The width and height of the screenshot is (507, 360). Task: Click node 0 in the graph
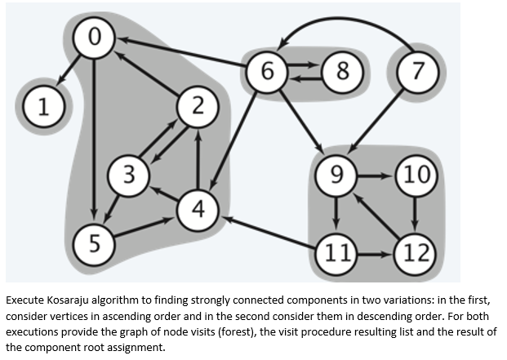click(95, 36)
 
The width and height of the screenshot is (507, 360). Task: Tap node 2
click(197, 106)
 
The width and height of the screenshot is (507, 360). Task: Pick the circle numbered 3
click(127, 173)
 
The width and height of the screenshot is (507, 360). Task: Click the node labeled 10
click(416, 174)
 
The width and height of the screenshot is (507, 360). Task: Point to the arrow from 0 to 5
click(95, 139)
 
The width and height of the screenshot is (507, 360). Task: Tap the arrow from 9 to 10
click(376, 174)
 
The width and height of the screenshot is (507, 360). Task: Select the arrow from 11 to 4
click(269, 229)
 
